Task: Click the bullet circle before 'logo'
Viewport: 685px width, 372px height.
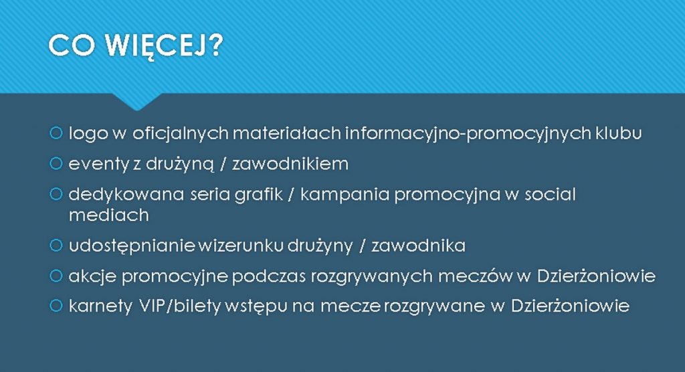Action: (x=56, y=133)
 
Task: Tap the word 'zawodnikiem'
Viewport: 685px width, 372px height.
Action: (x=290, y=164)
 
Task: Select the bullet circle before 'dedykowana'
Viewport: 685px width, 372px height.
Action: (x=56, y=194)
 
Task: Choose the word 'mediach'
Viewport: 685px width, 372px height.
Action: (x=109, y=215)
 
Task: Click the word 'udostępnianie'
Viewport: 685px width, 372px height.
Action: (x=132, y=246)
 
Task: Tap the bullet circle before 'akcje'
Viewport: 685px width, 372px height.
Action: (x=56, y=276)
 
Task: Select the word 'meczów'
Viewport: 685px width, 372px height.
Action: (x=475, y=276)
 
